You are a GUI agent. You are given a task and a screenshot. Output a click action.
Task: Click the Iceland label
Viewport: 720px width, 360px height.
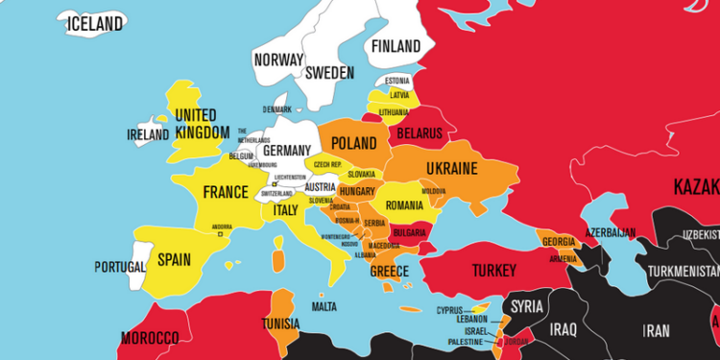(94, 23)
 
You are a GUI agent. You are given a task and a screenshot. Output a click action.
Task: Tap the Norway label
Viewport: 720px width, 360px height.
(278, 60)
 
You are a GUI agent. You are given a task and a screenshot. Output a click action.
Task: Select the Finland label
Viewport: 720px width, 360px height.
(396, 46)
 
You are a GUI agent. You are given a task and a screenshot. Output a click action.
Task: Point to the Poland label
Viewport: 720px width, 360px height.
(353, 143)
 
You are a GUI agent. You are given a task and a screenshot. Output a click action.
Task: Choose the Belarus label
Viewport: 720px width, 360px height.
(419, 132)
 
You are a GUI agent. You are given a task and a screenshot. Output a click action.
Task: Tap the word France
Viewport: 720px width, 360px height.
(226, 192)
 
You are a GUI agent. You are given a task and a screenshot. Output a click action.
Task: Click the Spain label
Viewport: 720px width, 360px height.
(174, 259)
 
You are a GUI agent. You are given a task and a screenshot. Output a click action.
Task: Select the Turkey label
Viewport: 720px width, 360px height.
(494, 272)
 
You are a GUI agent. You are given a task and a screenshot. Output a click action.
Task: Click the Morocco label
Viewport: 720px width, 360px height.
(149, 338)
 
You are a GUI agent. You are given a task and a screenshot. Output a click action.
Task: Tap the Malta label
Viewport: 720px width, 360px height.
(324, 306)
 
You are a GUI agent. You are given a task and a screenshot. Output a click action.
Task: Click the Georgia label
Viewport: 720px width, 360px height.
(559, 241)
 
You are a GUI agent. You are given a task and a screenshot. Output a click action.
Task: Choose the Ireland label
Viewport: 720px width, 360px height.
(149, 135)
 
